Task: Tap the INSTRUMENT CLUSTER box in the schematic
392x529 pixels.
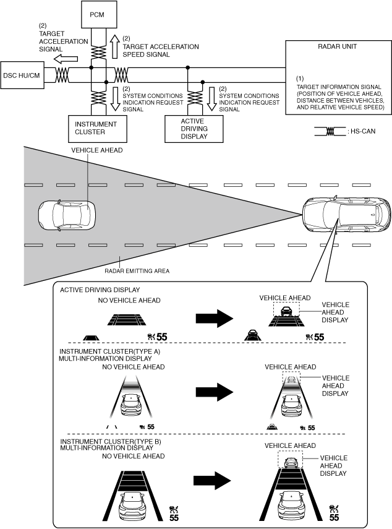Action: (x=91, y=128)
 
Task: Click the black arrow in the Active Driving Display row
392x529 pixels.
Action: (x=213, y=318)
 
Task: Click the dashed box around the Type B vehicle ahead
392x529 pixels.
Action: (x=290, y=460)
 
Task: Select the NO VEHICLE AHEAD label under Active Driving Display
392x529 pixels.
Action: (x=129, y=301)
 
